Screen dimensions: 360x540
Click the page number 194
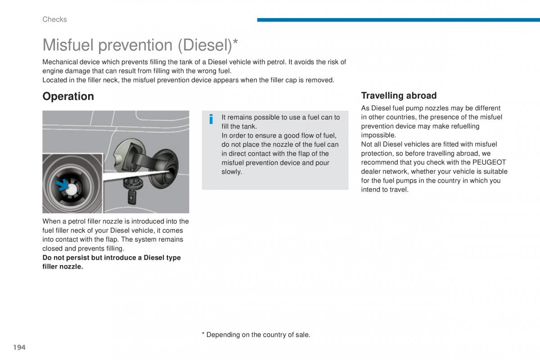[x=19, y=347]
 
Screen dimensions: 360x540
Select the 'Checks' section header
[x=54, y=19]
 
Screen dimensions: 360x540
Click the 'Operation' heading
[x=68, y=96]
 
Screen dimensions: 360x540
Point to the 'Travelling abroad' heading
[x=399, y=95]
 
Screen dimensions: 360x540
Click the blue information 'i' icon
[x=211, y=119]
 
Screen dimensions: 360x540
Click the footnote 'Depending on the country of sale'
[x=258, y=335]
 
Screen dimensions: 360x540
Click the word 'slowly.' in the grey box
[x=232, y=172]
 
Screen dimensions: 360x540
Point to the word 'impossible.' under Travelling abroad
[x=378, y=135]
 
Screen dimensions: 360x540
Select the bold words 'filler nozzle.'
[x=63, y=267]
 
